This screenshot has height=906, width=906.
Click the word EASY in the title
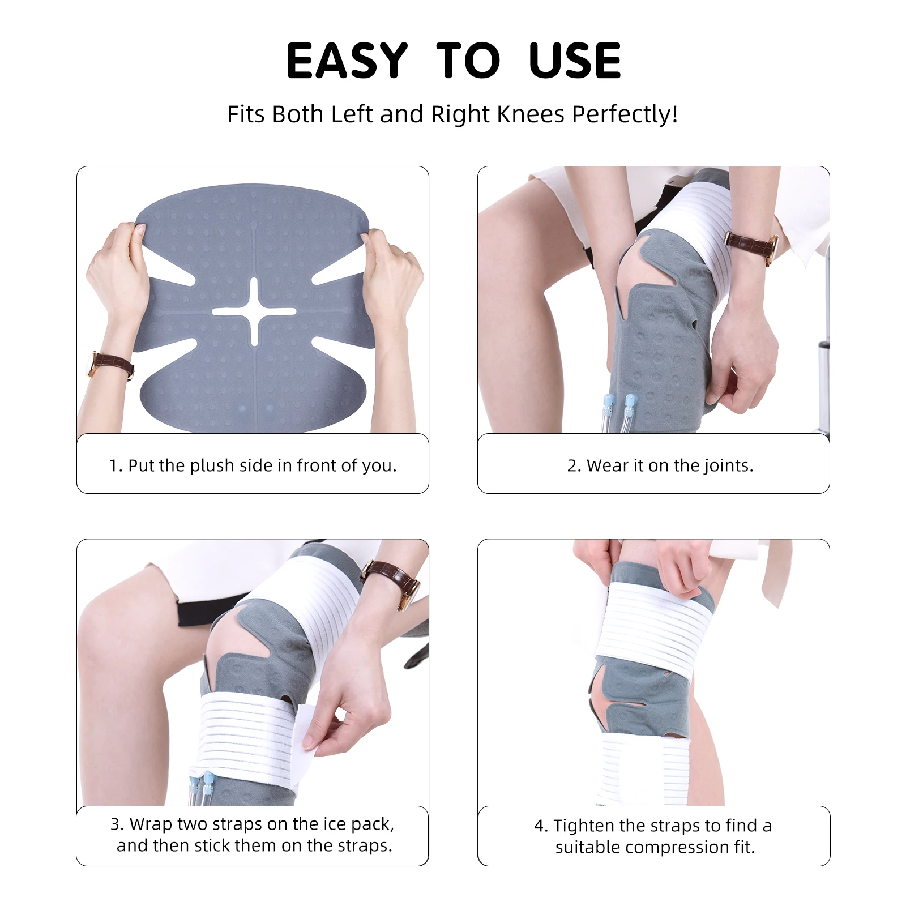[347, 61]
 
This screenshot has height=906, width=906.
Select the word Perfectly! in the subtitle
[625, 114]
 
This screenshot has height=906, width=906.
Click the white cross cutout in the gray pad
[254, 311]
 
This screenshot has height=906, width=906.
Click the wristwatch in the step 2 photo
[753, 246]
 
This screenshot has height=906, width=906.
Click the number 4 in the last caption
[539, 826]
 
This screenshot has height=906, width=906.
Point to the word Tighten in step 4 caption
[584, 826]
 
